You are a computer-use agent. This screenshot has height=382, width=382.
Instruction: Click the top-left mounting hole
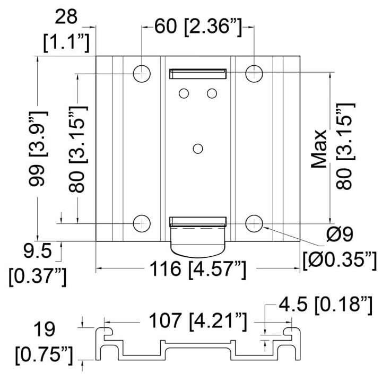pos(142,74)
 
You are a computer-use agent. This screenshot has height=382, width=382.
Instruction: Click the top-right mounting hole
pos(254,74)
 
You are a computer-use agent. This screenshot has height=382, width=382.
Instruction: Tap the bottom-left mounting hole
pos(142,223)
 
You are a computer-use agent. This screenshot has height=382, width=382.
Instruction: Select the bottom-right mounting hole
pos(254,223)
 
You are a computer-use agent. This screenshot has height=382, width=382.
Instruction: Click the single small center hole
pos(198,149)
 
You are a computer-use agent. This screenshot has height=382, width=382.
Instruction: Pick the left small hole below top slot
pos(184,93)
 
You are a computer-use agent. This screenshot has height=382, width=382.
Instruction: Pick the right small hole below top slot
pos(212,93)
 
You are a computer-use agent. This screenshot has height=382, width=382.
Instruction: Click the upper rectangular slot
pos(198,74)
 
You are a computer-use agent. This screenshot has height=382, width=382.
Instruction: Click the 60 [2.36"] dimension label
pos(198,27)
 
